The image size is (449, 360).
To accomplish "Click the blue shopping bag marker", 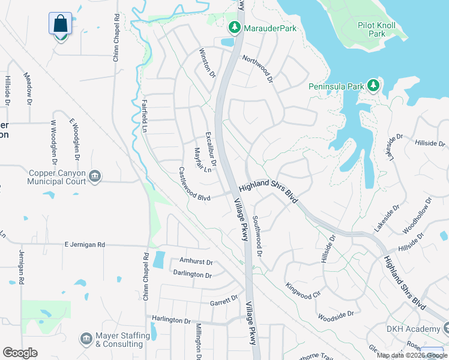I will pos(60,25).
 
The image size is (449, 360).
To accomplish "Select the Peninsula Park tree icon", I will pos(373,86).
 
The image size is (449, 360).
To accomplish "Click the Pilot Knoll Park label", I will pos(379,29).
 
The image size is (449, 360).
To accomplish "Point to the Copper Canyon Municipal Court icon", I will pos(95,176).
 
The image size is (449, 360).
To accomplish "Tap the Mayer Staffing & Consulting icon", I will pos(86,340).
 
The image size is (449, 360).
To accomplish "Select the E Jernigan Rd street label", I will pos(85,245).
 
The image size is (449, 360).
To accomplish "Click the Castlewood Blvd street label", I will pos(194,185).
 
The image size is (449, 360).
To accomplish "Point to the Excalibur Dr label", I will pos(210,149).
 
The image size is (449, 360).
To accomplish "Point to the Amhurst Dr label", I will pos(196,262).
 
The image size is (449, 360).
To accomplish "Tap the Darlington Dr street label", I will pos(192,275).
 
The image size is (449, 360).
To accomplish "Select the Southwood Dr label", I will pos(257,236).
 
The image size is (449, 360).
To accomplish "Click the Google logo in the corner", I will pos(20,353).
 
